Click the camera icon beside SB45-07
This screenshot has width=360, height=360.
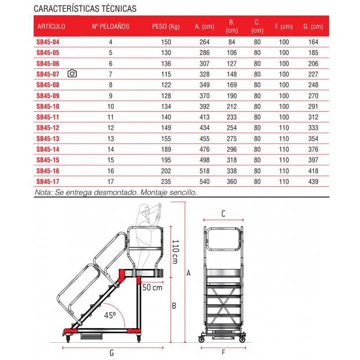click(x=72, y=74)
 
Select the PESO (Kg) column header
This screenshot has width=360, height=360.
click(x=166, y=27)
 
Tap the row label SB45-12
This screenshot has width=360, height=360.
click(x=47, y=128)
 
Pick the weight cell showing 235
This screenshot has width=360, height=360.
click(x=166, y=182)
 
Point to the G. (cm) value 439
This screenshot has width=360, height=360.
click(x=313, y=182)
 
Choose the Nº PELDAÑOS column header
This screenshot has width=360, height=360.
click(x=110, y=27)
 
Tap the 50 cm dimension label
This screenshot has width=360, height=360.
click(x=152, y=287)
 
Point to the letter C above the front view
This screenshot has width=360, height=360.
click(x=223, y=214)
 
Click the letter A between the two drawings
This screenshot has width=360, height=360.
click(x=189, y=273)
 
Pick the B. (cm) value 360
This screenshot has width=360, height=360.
click(x=232, y=182)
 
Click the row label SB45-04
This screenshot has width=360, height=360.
click(x=47, y=42)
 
